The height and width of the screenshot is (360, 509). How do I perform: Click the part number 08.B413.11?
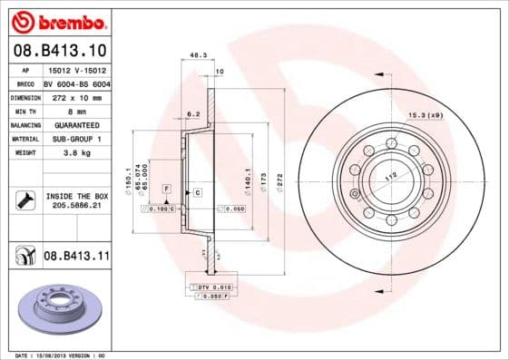(x=76, y=257)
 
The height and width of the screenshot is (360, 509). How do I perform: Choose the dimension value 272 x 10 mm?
(x=76, y=97)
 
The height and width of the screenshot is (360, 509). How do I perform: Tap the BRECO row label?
(x=24, y=83)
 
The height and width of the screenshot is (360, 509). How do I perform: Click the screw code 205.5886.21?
(x=76, y=206)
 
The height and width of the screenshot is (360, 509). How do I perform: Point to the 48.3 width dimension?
(x=196, y=55)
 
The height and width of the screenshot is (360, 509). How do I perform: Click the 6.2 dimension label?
(x=192, y=114)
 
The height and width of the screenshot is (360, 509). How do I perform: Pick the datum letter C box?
(x=196, y=194)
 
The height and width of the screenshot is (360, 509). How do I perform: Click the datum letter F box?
(x=167, y=187)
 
